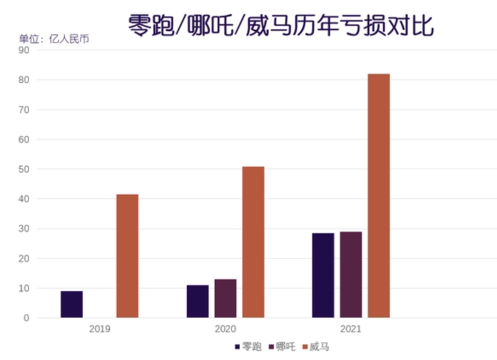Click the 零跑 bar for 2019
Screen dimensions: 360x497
[72, 304]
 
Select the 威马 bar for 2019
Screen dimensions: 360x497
[127, 256]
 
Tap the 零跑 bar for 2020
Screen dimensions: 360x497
[198, 301]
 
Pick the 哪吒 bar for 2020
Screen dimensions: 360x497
[225, 298]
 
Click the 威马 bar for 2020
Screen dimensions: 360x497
[253, 242]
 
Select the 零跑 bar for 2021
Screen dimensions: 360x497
[323, 275]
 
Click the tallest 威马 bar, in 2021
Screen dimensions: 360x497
[379, 196]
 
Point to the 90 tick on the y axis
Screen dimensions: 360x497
[24, 50]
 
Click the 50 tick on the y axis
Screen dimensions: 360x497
[24, 169]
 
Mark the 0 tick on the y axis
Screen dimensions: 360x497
[27, 318]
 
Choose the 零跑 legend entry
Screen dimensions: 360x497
[248, 347]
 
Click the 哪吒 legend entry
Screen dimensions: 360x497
[282, 347]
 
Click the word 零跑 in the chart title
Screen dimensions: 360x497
[150, 26]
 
